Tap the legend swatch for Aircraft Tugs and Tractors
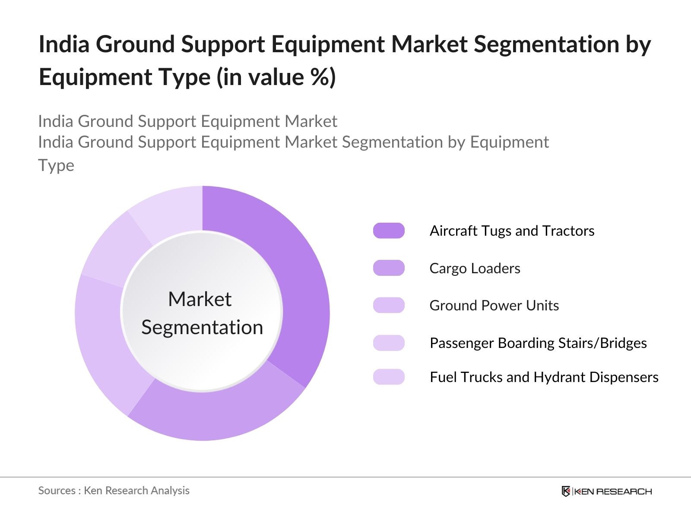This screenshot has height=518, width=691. (x=389, y=231)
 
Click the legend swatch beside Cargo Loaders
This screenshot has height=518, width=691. (x=389, y=268)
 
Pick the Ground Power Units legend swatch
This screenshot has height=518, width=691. (x=389, y=305)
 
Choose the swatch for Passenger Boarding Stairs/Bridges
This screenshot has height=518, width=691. (x=389, y=343)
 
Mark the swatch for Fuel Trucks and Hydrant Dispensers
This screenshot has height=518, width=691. (x=389, y=377)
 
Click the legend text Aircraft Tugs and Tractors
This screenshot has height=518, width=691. (x=512, y=231)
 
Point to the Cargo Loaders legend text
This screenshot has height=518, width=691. (x=475, y=268)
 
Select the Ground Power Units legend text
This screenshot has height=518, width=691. (x=494, y=305)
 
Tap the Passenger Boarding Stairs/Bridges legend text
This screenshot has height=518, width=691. (x=538, y=343)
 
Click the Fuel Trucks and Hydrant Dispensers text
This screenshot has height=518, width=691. (x=544, y=377)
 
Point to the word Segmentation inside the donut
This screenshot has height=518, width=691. (x=202, y=327)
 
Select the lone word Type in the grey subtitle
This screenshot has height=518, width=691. (x=56, y=165)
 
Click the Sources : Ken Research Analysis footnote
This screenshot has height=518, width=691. (x=114, y=490)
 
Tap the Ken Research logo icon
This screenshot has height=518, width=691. (x=566, y=491)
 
